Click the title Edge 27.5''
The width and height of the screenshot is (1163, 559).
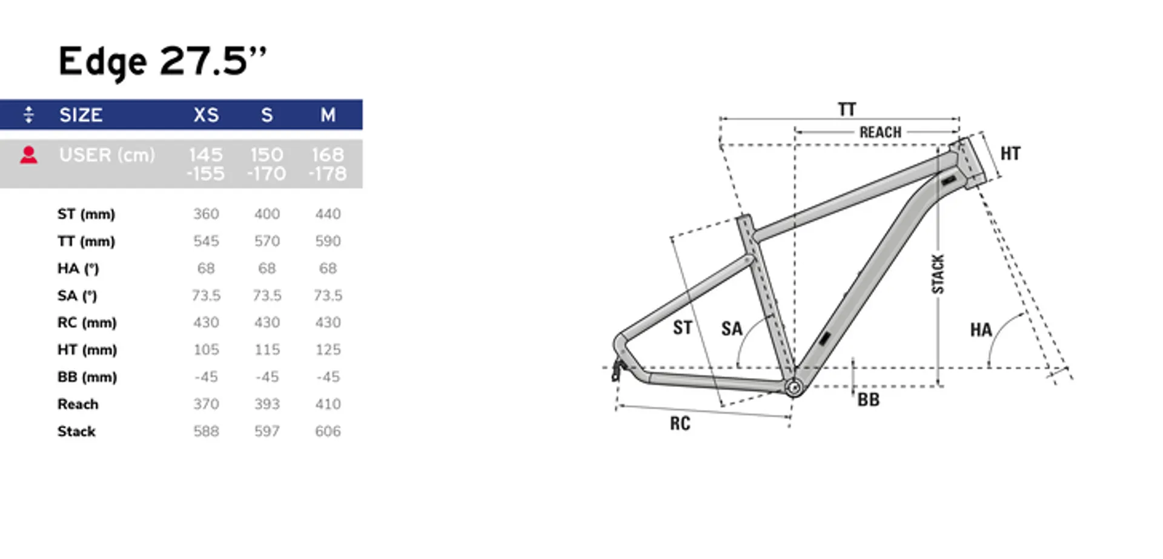click(x=162, y=61)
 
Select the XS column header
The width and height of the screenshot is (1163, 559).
click(x=206, y=115)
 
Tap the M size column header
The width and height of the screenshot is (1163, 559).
click(x=328, y=115)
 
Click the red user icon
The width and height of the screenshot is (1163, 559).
click(x=28, y=155)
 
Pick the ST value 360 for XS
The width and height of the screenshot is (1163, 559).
click(x=206, y=214)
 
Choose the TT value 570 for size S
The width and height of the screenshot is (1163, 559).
click(x=267, y=241)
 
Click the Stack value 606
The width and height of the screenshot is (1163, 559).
click(x=328, y=431)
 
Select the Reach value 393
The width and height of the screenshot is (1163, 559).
click(x=267, y=404)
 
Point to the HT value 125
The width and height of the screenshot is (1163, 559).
click(x=328, y=349)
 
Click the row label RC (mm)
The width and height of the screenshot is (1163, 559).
click(x=87, y=323)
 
